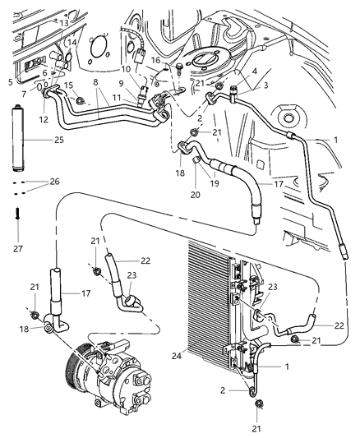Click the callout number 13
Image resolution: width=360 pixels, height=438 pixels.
tap(63, 23)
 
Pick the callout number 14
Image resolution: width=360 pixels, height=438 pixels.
tap(72, 42)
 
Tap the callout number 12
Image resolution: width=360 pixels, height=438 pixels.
tap(43, 120)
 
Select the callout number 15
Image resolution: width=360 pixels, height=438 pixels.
tap(69, 86)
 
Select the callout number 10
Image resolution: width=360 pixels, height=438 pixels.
tap(126, 68)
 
